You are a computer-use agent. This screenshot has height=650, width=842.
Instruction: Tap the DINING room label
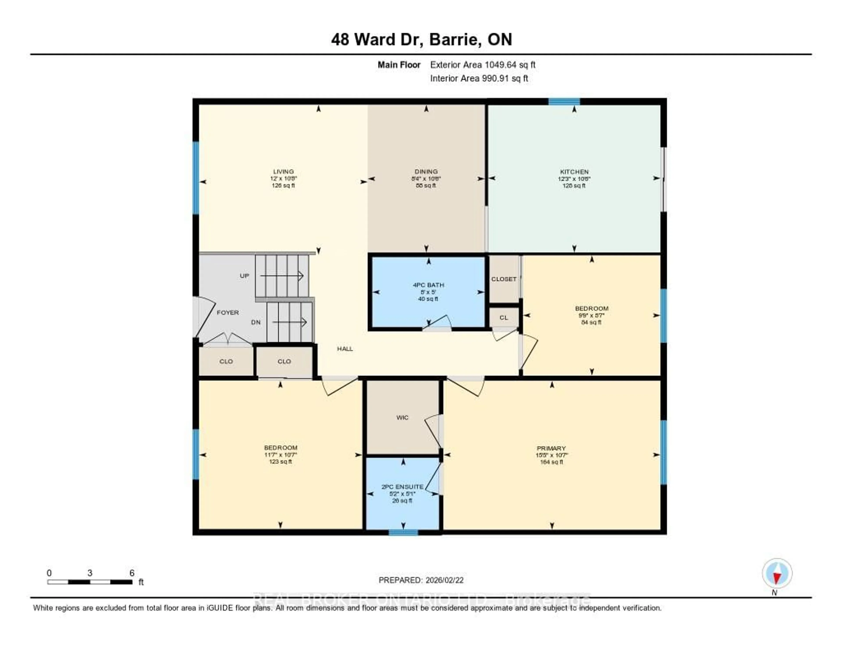pyautogui.click(x=426, y=171)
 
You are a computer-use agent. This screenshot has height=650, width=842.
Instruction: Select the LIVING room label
pyautogui.click(x=283, y=171)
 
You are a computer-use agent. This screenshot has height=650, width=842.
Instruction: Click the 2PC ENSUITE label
pyautogui.click(x=402, y=487)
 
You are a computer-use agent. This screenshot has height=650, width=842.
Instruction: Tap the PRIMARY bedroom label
pyautogui.click(x=551, y=448)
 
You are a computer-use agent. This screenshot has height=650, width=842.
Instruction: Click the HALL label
pyautogui.click(x=345, y=349)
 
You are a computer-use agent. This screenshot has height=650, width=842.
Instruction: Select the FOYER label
pyautogui.click(x=227, y=313)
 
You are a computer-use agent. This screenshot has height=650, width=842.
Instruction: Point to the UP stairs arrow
pyautogui.click(x=282, y=276)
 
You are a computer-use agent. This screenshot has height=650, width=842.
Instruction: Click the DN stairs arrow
pyautogui.click(x=289, y=322)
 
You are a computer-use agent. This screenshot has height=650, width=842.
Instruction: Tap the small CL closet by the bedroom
pyautogui.click(x=503, y=318)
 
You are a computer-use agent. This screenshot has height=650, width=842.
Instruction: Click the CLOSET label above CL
pyautogui.click(x=503, y=279)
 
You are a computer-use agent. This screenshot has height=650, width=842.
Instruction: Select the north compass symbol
pyautogui.click(x=777, y=574)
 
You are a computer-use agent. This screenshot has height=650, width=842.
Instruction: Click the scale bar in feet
pyautogui.click(x=90, y=582)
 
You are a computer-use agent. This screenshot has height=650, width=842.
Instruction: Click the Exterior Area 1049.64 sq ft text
pyautogui.click(x=483, y=65)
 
